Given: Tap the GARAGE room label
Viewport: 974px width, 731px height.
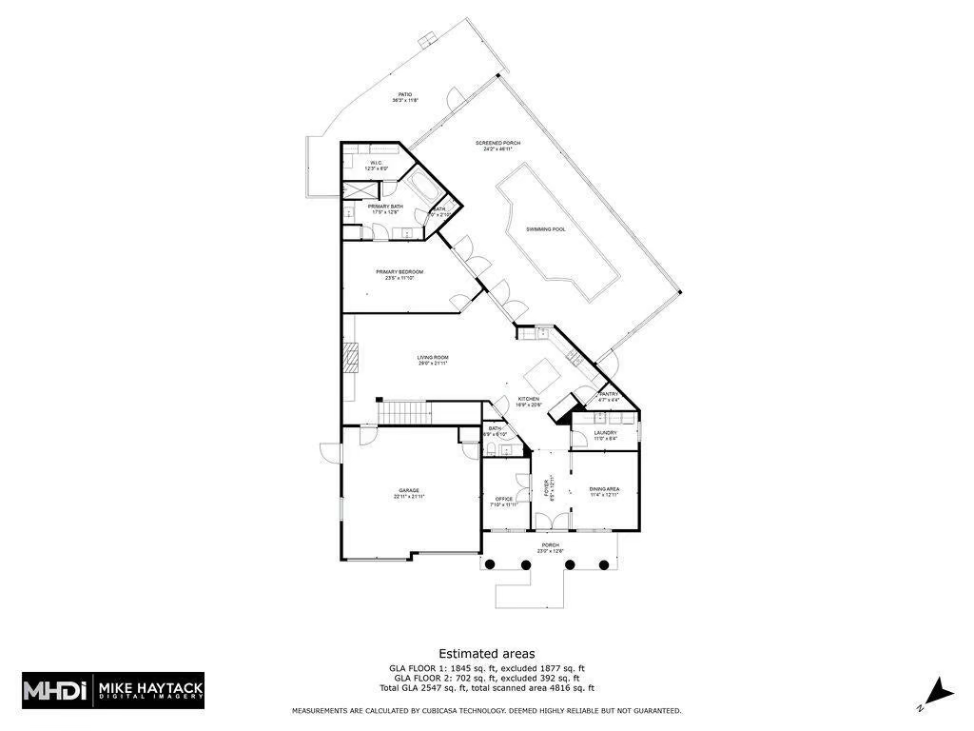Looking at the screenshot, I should click(409, 492).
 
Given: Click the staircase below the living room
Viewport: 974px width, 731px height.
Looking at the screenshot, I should click(406, 412).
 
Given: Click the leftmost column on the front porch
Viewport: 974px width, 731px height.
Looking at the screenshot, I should click(490, 564).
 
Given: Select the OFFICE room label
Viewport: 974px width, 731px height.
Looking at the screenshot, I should click(504, 501).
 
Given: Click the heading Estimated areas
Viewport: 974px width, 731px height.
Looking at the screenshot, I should click(486, 654).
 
